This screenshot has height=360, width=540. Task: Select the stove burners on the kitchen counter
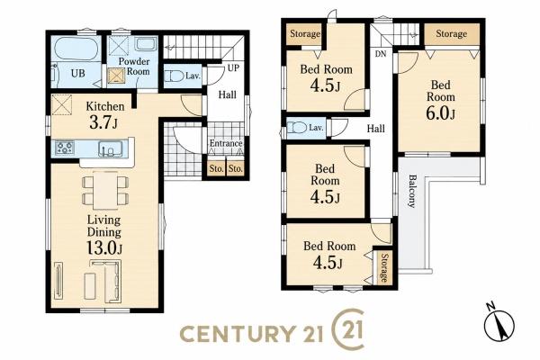(65, 148)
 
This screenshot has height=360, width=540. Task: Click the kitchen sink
(110, 148)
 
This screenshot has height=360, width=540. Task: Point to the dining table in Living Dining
(105, 191)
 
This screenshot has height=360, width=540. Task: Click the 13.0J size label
(104, 248)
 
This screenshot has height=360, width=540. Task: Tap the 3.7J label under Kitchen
(103, 122)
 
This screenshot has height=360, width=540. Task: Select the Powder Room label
(134, 67)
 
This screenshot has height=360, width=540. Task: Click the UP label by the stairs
(233, 68)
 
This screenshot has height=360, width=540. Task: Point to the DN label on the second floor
(380, 54)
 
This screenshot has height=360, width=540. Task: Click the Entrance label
(226, 143)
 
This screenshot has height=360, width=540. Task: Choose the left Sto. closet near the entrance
(216, 169)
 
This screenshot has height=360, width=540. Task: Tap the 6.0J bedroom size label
(440, 113)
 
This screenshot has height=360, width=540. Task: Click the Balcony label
(411, 191)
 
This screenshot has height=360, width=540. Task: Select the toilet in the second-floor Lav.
(297, 128)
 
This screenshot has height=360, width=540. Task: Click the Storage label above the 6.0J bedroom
(452, 34)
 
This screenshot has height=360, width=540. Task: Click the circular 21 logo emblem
(347, 329)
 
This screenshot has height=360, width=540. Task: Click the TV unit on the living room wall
(58, 280)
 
